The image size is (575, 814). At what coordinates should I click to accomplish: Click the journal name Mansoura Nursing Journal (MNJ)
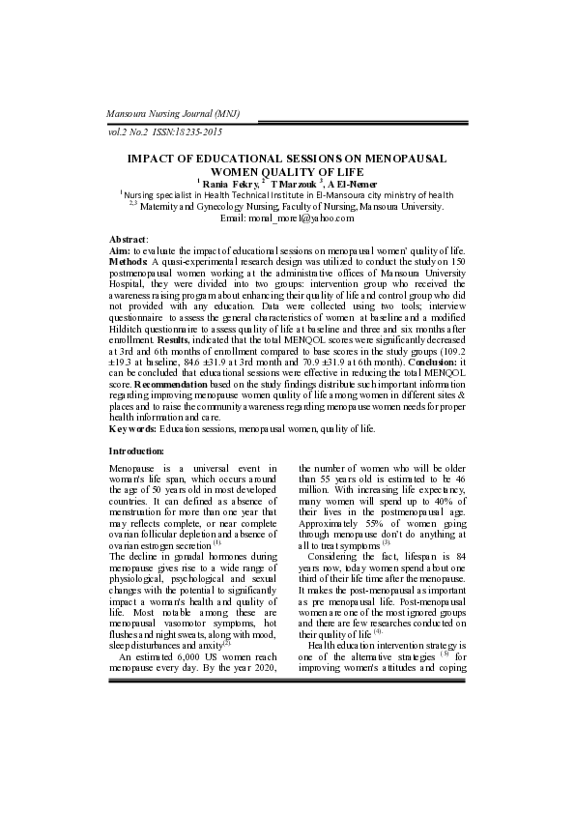click(x=172, y=114)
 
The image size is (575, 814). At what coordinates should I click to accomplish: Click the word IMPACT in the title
click(x=158, y=157)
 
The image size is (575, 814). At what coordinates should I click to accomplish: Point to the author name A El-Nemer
click(x=351, y=183)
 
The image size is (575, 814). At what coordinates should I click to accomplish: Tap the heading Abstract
click(x=128, y=239)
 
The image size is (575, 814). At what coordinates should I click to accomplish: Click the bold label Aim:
click(x=120, y=250)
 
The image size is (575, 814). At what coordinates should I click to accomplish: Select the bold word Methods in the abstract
click(x=129, y=261)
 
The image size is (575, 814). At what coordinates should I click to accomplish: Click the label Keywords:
click(x=133, y=426)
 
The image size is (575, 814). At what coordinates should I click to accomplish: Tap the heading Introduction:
click(x=136, y=451)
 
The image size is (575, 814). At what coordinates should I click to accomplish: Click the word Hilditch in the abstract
click(x=133, y=329)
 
